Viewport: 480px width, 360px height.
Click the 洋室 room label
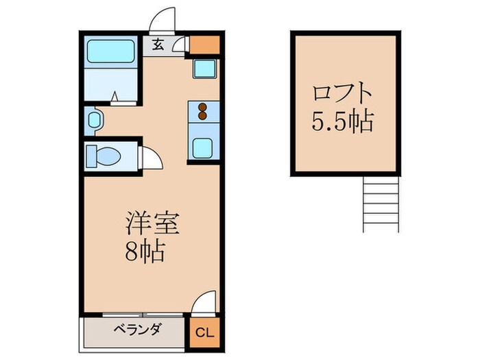[152, 225]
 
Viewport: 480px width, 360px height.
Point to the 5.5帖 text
[343, 121]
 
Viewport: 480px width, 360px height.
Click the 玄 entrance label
[158, 46]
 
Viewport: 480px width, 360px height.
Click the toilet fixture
[103, 156]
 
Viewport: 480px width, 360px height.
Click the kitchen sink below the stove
[203, 147]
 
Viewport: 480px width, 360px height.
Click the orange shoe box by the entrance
[204, 45]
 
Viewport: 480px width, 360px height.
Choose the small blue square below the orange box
[204, 69]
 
